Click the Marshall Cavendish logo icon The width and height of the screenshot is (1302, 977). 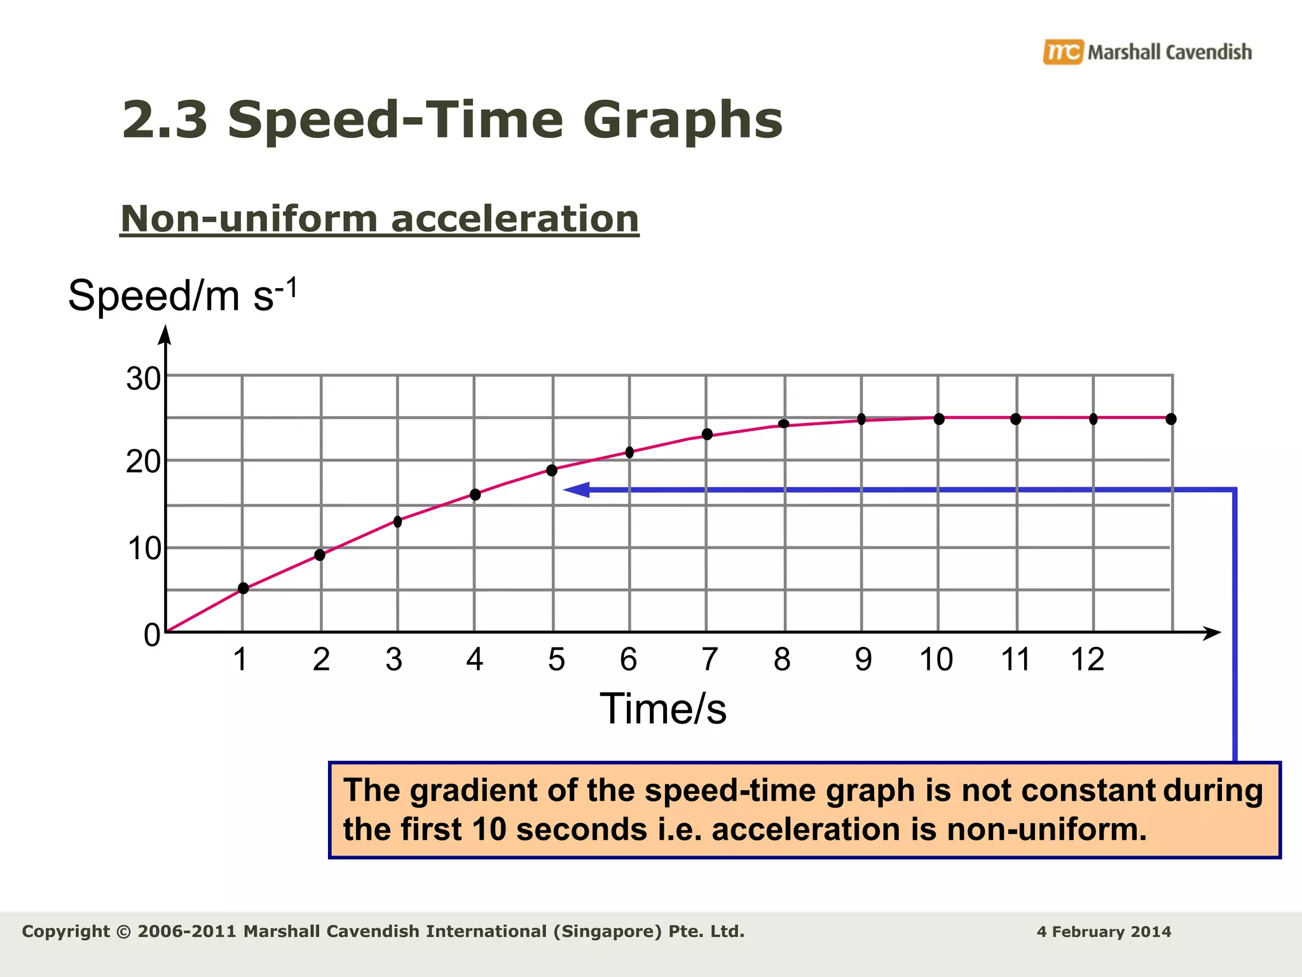pyautogui.click(x=1062, y=52)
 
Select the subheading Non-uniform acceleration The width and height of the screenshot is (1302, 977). pyautogui.click(x=380, y=219)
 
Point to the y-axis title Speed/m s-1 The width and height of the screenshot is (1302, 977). pyautogui.click(x=182, y=296)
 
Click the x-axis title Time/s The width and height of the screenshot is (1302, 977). pyautogui.click(x=662, y=709)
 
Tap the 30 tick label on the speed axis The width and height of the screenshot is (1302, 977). pyautogui.click(x=144, y=379)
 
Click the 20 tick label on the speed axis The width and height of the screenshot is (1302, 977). pyautogui.click(x=144, y=462)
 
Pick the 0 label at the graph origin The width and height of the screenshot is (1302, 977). pyautogui.click(x=152, y=635)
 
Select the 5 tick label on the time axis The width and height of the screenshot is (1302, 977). pyautogui.click(x=556, y=660)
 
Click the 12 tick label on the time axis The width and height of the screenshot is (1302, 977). pyautogui.click(x=1088, y=660)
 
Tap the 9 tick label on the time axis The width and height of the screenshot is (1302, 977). pyautogui.click(x=863, y=660)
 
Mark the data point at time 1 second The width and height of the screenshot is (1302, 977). pyautogui.click(x=243, y=588)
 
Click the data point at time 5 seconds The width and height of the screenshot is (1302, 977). pyautogui.click(x=552, y=471)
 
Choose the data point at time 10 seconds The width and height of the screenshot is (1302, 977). pyautogui.click(x=939, y=419)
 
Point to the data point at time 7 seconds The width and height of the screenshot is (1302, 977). pyautogui.click(x=707, y=434)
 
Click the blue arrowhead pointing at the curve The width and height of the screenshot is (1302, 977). pyautogui.click(x=577, y=490)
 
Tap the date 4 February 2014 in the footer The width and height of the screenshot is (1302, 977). pyautogui.click(x=1104, y=932)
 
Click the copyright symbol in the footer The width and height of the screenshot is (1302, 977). pyautogui.click(x=124, y=932)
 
